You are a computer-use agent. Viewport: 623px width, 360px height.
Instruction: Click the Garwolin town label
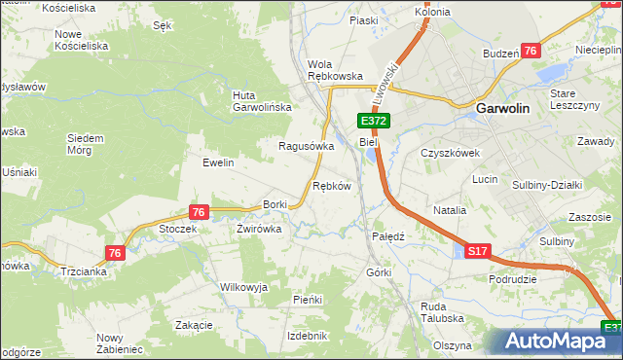[502, 110]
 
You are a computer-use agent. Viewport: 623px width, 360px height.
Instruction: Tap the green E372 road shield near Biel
[375, 121]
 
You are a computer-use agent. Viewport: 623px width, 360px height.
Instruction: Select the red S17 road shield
[477, 251]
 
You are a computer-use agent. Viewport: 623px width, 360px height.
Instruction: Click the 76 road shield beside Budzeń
[531, 52]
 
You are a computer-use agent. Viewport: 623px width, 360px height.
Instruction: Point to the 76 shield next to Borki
[199, 212]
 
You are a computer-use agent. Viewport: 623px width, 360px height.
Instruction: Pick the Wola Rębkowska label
[335, 69]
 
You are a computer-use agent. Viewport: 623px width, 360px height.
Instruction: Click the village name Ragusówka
[307, 146]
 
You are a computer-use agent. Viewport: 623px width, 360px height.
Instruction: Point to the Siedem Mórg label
[85, 143]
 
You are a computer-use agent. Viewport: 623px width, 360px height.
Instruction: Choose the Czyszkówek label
[451, 153]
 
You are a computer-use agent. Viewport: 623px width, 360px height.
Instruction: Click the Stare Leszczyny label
[572, 99]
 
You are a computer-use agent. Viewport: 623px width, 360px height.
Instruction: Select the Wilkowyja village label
[243, 288]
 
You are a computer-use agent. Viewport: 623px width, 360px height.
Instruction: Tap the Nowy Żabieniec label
[119, 342]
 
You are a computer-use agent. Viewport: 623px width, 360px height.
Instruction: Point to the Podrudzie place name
[513, 279]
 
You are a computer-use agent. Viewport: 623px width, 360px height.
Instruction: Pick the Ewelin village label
[218, 162]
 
